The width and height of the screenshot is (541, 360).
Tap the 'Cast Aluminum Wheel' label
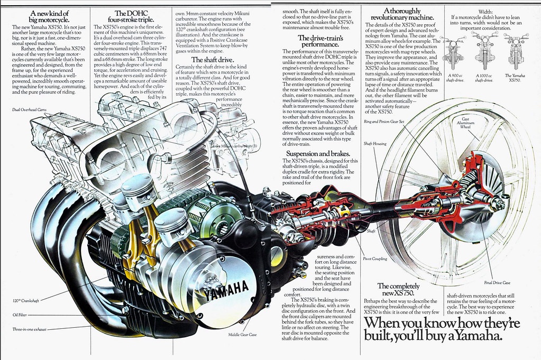point(465,123)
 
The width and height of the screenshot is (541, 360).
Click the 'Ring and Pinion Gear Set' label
point(384,122)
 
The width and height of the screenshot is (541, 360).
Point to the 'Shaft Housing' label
point(374,143)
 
